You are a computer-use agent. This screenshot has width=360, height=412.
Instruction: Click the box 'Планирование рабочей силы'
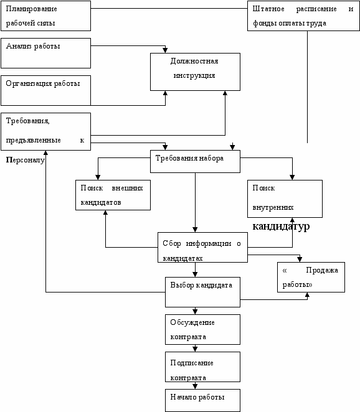coord(45,16)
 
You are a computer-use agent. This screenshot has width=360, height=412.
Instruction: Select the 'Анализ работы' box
coord(45,53)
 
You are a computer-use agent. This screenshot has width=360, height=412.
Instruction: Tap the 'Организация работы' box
coord(45,90)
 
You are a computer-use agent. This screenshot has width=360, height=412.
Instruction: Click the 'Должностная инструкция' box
coord(195,72)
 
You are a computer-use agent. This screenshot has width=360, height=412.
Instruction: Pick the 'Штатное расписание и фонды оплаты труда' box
coord(303,16)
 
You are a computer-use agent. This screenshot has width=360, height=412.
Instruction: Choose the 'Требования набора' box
coord(195,161)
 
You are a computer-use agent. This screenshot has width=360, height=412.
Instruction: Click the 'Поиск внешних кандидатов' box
coord(113,195)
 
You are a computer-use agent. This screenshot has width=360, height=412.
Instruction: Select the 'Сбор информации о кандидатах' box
coord(202,247)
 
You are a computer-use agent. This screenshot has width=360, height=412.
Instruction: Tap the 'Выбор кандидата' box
coord(202,292)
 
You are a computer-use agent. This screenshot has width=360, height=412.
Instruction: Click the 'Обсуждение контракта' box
coord(202,329)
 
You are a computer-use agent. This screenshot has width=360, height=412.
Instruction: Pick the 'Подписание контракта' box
coord(202,367)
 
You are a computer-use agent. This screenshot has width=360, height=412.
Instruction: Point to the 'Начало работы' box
coord(202,400)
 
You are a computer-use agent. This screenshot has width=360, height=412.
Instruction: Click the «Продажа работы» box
coord(311,277)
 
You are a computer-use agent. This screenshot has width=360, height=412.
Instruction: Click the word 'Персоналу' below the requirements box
coord(26,160)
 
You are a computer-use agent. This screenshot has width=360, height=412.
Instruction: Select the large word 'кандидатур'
coord(281,227)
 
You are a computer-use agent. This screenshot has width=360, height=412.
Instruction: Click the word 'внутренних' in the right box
coord(273,207)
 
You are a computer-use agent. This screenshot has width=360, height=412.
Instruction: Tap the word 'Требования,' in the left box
coord(27,121)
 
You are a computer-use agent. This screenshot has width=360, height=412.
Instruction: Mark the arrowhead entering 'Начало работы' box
coord(195,386)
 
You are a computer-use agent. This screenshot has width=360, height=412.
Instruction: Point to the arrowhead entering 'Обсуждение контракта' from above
coord(195,312)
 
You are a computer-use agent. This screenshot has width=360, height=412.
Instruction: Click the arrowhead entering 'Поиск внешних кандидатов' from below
coord(105,213)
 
